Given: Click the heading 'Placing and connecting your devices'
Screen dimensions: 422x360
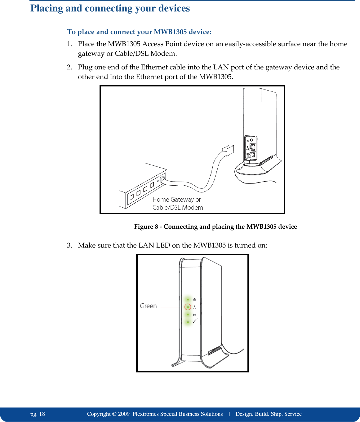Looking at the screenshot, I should pos(110,8).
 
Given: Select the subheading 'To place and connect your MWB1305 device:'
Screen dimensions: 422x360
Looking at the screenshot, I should pos(139,32).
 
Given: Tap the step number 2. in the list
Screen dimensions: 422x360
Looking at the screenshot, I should pos(70,67).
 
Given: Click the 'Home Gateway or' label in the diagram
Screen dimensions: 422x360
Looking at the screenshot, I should pos(176,200).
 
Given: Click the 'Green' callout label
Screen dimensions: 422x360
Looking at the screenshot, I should pos(148,306).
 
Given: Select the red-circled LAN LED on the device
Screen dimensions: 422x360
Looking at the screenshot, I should pos(188,307).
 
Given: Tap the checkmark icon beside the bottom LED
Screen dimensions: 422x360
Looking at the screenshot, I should pos(194,322).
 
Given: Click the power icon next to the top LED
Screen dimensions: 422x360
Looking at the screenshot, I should pos(194,300).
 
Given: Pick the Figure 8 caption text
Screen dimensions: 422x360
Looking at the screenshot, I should pos(215,226).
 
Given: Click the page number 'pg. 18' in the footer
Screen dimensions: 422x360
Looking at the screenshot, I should pos(38,414).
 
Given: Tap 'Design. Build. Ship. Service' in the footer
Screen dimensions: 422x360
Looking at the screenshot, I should pos(268,414).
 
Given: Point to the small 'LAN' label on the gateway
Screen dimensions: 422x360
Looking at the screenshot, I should pos(158,181).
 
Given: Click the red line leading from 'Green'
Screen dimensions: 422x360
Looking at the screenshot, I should pos(171,307).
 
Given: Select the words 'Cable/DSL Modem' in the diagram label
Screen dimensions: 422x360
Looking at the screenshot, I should pos(178,208).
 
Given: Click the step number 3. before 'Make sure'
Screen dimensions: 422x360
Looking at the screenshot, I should pos(70,245).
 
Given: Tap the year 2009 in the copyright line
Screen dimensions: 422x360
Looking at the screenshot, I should pos(124,414).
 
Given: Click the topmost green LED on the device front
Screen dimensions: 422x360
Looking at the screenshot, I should pos(188,300).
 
